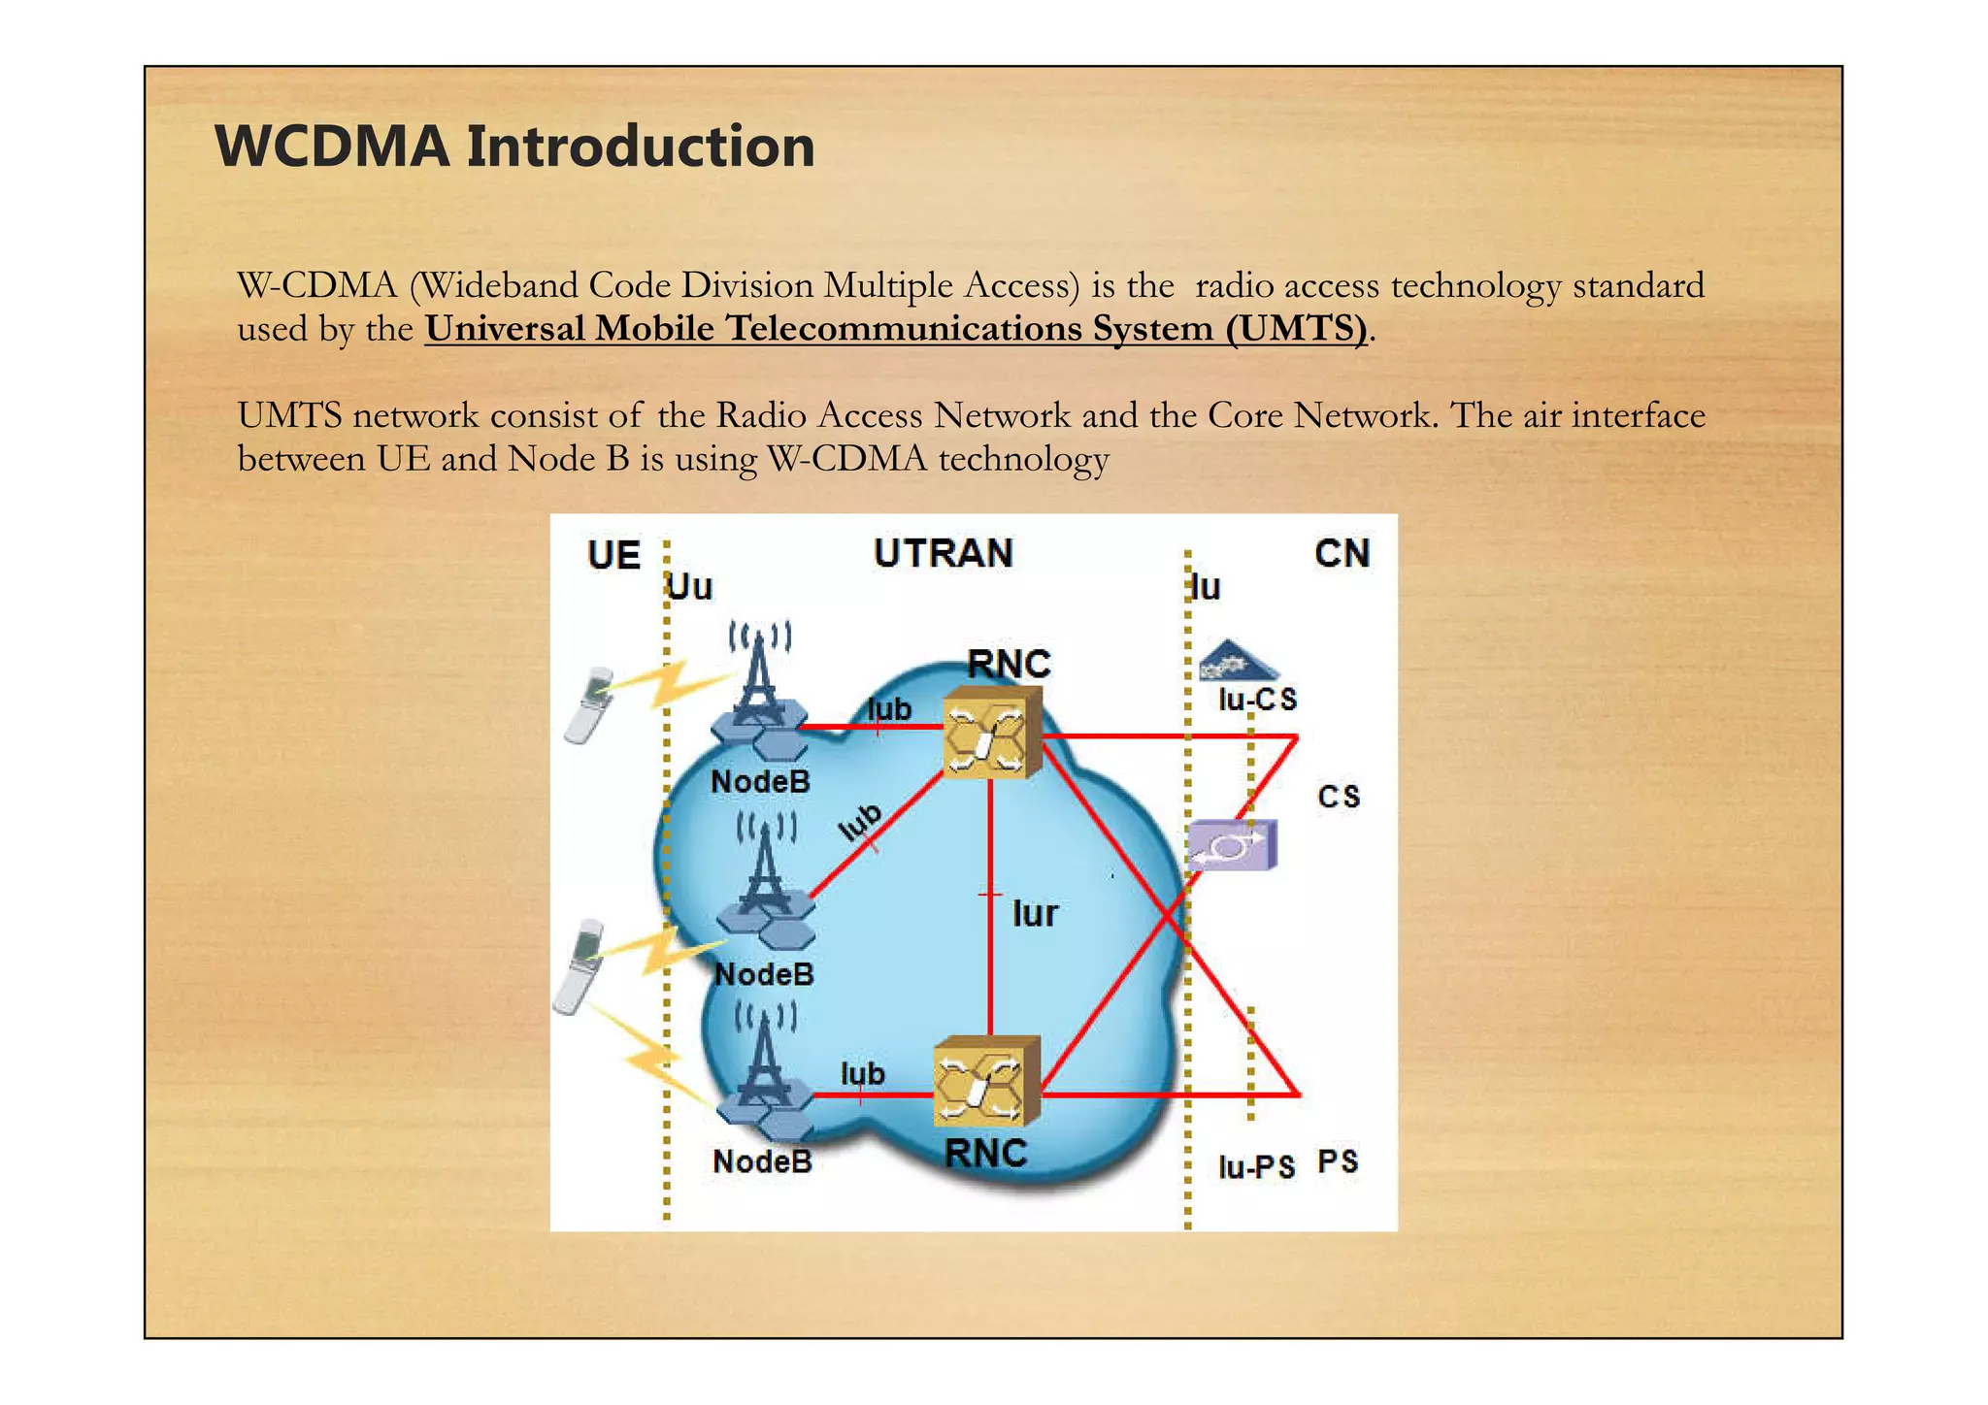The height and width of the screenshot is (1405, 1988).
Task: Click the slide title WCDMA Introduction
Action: tap(514, 147)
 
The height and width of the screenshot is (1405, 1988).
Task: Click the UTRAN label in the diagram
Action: tap(943, 553)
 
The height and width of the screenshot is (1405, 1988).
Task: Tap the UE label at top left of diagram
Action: tap(613, 555)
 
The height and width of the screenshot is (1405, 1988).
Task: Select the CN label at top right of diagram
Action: tap(1342, 553)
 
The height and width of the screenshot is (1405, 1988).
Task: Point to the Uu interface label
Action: tap(690, 587)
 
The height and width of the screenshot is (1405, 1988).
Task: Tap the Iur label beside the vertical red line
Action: tap(1035, 914)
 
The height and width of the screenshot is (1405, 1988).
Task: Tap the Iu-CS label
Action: tap(1257, 700)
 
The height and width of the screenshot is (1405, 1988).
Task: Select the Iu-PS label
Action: tap(1256, 1166)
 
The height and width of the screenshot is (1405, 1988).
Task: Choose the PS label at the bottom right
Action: tap(1338, 1161)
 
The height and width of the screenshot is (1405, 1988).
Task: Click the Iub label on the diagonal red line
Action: tap(860, 822)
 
